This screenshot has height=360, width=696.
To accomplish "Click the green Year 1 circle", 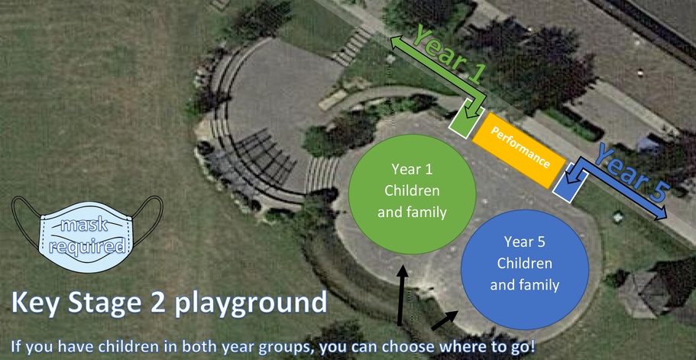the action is coord(412,194).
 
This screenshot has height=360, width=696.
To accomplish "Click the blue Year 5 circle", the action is coord(525,270).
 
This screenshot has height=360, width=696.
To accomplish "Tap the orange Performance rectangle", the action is coord(519,150).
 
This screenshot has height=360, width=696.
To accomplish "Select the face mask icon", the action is coord(86,234).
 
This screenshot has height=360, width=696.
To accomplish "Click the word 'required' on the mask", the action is coord(87,245).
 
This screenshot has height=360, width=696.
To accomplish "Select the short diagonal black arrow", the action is coord(445,320).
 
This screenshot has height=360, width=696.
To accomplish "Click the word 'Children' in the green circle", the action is coord(412,190).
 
